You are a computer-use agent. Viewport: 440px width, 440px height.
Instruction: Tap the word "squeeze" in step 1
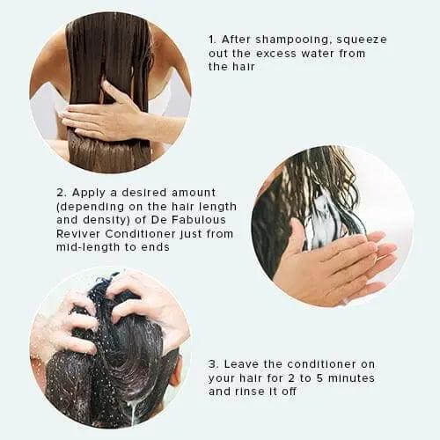[x=362, y=40]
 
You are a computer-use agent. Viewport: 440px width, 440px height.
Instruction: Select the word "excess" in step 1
[x=276, y=54]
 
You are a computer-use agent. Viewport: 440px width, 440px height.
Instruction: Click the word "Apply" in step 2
[x=89, y=194]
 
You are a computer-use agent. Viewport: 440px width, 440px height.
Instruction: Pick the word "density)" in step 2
[x=106, y=220]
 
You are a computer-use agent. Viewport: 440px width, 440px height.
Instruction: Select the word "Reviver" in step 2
[x=78, y=234]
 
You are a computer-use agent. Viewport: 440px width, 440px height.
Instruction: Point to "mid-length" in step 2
[x=88, y=247]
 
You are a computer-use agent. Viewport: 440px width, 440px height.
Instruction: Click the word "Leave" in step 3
[x=242, y=364]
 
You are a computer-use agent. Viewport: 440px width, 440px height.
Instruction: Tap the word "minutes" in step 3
[x=351, y=378]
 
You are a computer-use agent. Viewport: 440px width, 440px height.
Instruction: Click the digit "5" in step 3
[x=319, y=378]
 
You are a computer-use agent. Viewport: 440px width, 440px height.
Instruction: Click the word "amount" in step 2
[x=194, y=193]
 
